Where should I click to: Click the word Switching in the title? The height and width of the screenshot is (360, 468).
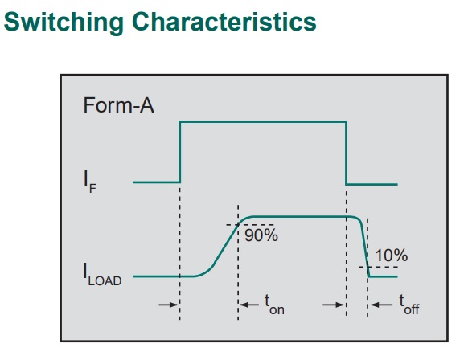pyautogui.click(x=64, y=22)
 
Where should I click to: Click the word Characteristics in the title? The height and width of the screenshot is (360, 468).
pyautogui.click(x=224, y=22)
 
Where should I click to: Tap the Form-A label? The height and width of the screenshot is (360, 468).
pyautogui.click(x=118, y=105)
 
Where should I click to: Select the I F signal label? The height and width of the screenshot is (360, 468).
pyautogui.click(x=90, y=182)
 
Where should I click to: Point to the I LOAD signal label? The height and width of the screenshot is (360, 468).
pyautogui.click(x=102, y=275)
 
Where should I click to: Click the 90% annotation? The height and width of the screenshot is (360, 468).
pyautogui.click(x=261, y=235)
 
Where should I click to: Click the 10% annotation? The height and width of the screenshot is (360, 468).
pyautogui.click(x=392, y=256)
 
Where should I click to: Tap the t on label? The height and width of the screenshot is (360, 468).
pyautogui.click(x=274, y=305)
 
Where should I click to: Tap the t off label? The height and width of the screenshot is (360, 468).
pyautogui.click(x=409, y=305)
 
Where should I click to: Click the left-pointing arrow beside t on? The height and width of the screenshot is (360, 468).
pyautogui.click(x=249, y=305)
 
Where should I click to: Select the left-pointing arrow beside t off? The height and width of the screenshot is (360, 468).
pyautogui.click(x=381, y=305)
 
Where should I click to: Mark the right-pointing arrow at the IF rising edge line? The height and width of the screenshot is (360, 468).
pyautogui.click(x=168, y=305)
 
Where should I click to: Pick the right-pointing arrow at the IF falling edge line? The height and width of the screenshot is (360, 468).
pyautogui.click(x=334, y=305)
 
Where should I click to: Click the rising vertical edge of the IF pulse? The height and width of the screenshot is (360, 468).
pyautogui.click(x=179, y=152)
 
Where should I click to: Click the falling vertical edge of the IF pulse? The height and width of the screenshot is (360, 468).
pyautogui.click(x=347, y=153)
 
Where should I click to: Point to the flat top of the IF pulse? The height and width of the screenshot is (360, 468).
pyautogui.click(x=263, y=121)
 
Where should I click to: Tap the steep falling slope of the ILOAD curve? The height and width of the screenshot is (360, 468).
pyautogui.click(x=364, y=247)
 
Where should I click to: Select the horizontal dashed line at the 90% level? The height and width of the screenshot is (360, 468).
pyautogui.click(x=250, y=224)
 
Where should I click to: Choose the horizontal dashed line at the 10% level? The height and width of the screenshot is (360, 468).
pyautogui.click(x=378, y=267)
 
